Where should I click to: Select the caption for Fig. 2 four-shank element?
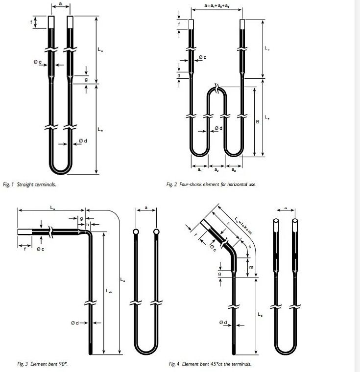click(x=211, y=185)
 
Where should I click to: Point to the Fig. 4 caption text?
click(x=210, y=364)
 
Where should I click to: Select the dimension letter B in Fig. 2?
click(x=257, y=122)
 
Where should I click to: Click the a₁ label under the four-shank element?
click(x=199, y=170)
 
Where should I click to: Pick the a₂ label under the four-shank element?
click(x=216, y=170)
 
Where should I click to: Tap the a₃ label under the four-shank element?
click(x=233, y=170)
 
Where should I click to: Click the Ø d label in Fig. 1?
click(x=83, y=141)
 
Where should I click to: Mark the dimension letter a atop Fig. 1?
click(x=60, y=3)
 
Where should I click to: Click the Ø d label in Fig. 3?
click(x=74, y=323)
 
